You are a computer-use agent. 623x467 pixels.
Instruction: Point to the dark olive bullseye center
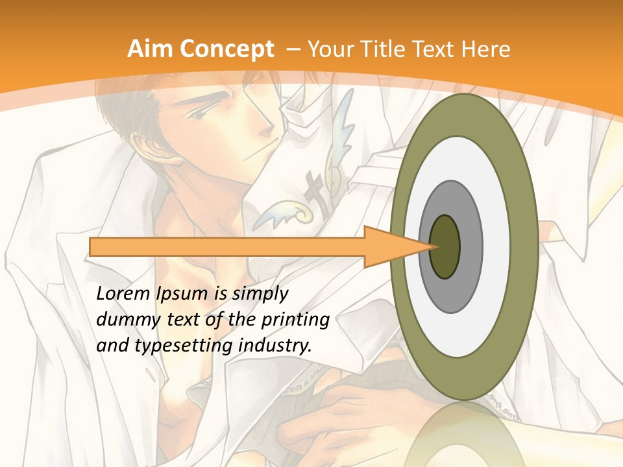(445, 246)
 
